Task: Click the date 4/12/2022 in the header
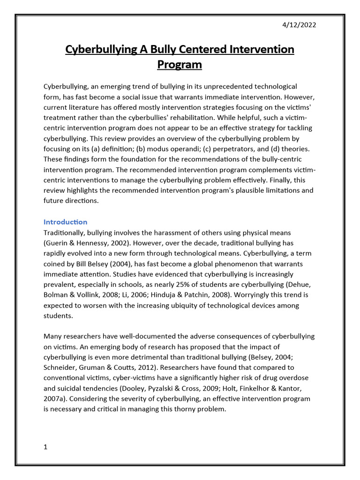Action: tap(299, 25)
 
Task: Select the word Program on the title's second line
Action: tap(180, 65)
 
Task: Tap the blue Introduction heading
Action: tap(65, 222)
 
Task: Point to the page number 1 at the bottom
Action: tap(45, 447)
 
